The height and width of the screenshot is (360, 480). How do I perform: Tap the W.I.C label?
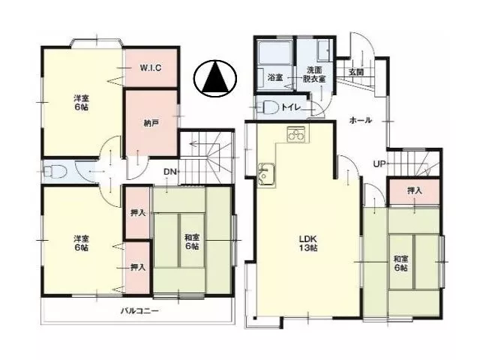(x=151, y=68)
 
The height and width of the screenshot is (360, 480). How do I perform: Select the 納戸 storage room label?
(x=151, y=123)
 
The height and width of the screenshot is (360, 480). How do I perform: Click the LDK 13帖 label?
(x=308, y=243)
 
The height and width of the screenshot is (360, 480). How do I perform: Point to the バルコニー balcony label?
(x=139, y=311)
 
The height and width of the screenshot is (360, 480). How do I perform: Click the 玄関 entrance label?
(x=356, y=72)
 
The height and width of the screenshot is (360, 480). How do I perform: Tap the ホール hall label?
(x=361, y=120)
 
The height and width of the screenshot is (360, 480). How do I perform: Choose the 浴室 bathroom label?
(x=275, y=77)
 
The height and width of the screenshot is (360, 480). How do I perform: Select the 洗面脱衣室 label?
(x=314, y=74)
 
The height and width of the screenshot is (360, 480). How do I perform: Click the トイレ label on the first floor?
(x=291, y=107)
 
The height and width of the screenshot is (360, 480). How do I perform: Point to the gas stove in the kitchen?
(x=296, y=134)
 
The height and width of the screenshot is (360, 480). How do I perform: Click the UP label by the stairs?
(x=379, y=164)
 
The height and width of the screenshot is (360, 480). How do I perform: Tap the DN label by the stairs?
(x=170, y=172)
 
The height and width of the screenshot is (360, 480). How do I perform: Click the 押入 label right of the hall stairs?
(x=415, y=190)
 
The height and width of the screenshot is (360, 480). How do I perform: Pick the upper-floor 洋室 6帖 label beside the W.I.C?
(x=81, y=103)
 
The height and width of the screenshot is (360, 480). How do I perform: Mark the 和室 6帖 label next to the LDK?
(x=400, y=263)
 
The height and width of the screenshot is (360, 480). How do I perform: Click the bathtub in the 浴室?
(x=274, y=52)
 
